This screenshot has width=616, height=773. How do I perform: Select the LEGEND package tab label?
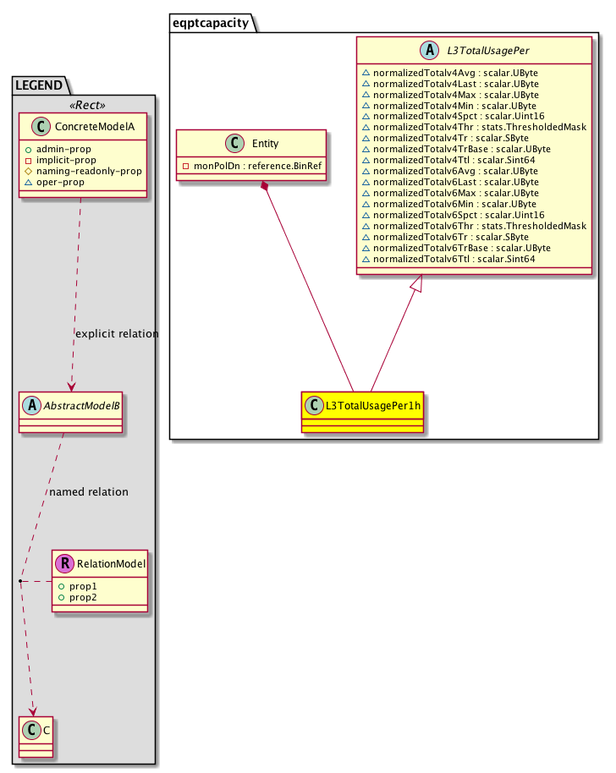39,85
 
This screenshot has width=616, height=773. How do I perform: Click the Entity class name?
265,145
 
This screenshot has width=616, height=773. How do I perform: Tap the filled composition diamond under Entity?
266,185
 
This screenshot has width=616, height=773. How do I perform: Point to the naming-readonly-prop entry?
88,171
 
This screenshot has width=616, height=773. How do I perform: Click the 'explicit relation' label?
117,333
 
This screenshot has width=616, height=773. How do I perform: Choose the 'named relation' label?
89,491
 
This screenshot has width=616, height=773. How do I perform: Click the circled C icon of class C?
28,728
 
